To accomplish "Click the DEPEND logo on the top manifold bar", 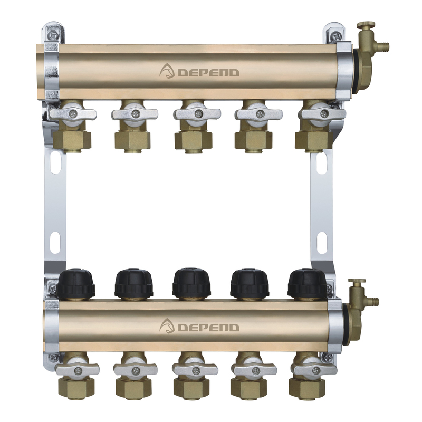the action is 199,71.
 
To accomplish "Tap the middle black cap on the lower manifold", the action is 191,283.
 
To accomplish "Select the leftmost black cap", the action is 75,284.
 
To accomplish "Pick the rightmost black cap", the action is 307,284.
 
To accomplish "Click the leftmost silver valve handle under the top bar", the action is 73,114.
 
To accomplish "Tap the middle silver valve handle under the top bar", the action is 197,114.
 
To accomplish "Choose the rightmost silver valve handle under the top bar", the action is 324,114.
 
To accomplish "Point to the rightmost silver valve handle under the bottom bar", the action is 314,370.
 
